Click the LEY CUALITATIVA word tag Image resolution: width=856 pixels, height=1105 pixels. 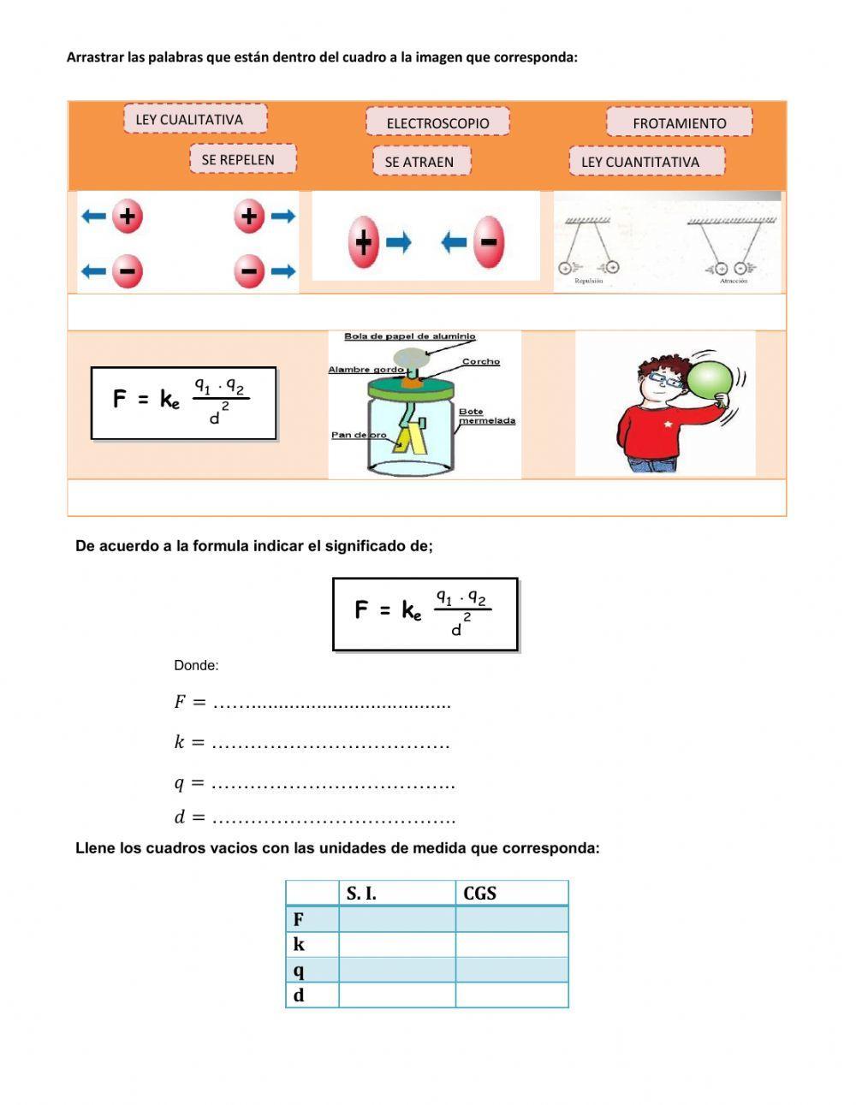coord(195,120)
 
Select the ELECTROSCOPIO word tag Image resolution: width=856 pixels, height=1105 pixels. coord(437,122)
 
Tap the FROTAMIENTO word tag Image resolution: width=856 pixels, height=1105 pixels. coord(679,122)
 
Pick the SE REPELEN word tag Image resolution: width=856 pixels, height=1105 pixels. coord(242,159)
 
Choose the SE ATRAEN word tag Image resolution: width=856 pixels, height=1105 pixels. coord(420,162)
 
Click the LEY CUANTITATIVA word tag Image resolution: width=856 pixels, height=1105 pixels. coord(645,162)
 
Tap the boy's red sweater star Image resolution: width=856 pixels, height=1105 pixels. coord(669,423)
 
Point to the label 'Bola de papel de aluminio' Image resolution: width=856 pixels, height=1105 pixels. coord(409,336)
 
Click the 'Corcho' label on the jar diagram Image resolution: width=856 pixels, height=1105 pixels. coord(481,361)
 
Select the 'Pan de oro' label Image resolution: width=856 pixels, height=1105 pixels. coord(359,435)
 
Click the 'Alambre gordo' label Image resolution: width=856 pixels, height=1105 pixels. coord(366,370)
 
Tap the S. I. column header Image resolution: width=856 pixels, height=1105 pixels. coord(396,894)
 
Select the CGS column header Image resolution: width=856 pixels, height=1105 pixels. coord(511,894)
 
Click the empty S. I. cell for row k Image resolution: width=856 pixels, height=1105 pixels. coord(396,944)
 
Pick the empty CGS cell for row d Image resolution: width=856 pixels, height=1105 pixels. coord(511,995)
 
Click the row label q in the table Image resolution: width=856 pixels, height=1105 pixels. coord(299,970)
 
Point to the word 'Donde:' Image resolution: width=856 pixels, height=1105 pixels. coord(196,665)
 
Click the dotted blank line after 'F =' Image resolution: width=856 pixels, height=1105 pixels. coord(331,704)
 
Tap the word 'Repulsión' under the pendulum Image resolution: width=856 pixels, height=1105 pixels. coord(589,281)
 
